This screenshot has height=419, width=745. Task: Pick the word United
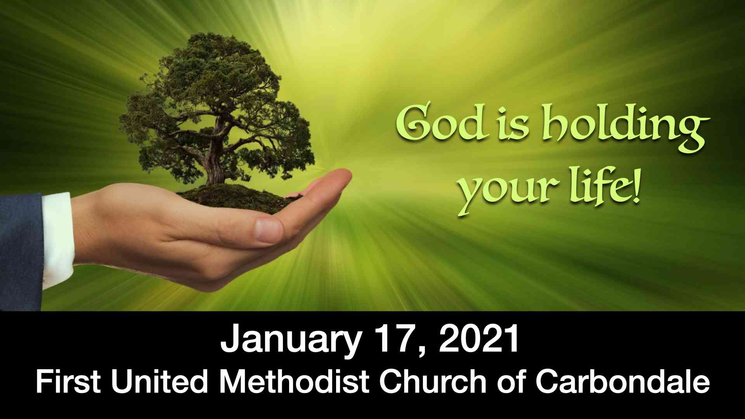tap(159, 381)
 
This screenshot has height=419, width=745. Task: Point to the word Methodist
tap(294, 381)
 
